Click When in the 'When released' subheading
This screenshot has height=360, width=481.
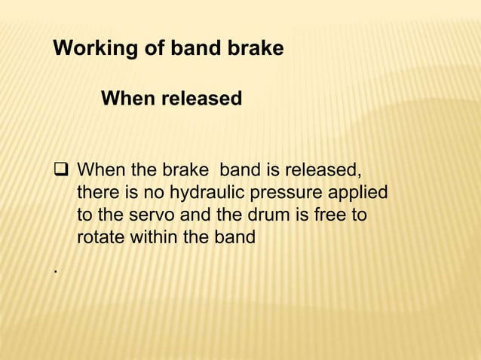point(127,99)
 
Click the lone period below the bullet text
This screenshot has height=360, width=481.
point(55,268)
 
